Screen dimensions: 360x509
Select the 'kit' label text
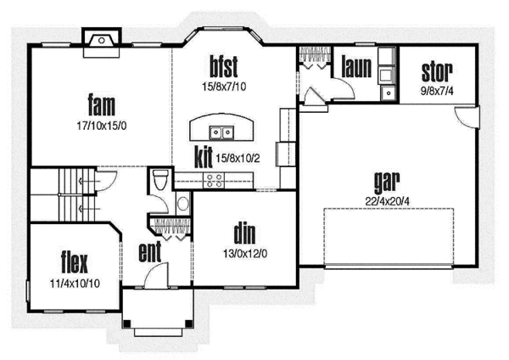point(203,157)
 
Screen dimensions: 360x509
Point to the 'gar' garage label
point(386,182)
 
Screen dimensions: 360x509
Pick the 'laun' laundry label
point(356,67)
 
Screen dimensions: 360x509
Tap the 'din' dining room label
point(244,233)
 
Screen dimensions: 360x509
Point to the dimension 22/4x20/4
point(386,201)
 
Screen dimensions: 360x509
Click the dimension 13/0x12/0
point(244,251)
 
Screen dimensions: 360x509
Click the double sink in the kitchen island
point(223,132)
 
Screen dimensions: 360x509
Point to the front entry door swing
point(154,276)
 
